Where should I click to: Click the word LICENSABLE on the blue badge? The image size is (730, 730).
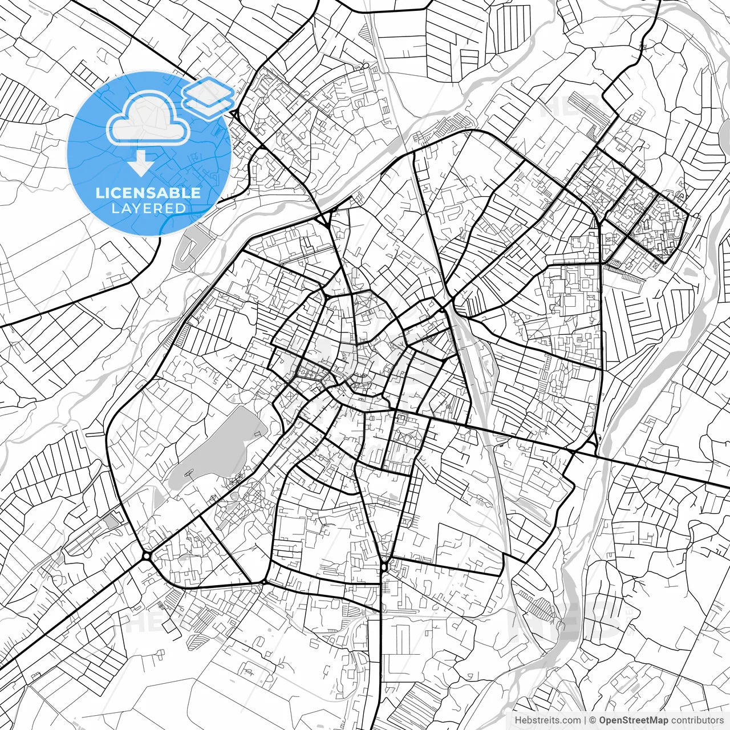(148, 193)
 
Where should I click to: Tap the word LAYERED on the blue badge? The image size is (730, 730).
(148, 208)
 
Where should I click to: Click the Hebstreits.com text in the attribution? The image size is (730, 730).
(547, 720)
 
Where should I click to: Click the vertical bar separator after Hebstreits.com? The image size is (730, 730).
(585, 720)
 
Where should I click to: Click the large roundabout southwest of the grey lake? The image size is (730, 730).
(147, 555)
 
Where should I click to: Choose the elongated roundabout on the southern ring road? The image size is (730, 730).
(385, 567)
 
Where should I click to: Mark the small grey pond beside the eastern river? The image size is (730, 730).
(694, 272)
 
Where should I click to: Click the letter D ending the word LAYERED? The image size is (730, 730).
(181, 208)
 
